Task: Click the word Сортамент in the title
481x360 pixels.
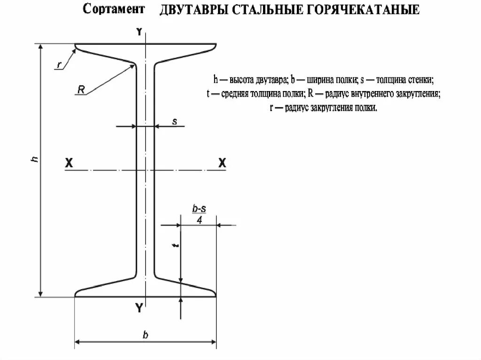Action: [x=114, y=9]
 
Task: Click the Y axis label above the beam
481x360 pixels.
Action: [x=139, y=32]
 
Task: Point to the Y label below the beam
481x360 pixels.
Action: [x=139, y=308]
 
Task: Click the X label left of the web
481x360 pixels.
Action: [x=69, y=163]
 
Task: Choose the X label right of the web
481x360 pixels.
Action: [x=222, y=163]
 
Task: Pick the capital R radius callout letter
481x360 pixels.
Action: [x=81, y=90]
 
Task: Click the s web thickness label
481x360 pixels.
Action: [x=175, y=121]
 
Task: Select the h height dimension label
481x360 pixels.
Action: [x=34, y=160]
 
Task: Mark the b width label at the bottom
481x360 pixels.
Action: [x=146, y=335]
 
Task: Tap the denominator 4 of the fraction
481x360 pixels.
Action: [x=200, y=220]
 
